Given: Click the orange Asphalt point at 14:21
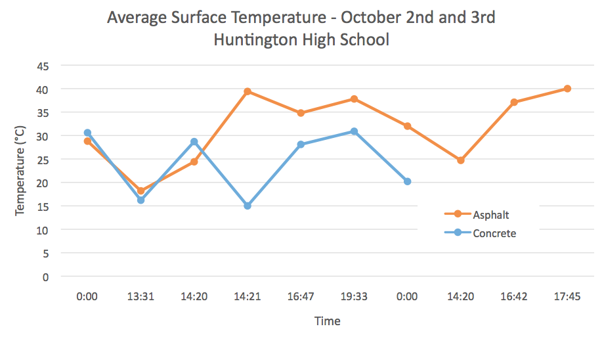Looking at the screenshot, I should (248, 91).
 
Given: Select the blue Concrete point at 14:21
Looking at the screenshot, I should (248, 206).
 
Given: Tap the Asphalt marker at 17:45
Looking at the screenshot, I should (567, 89).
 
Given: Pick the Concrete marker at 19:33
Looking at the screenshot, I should (354, 131).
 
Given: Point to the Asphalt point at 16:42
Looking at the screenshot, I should (514, 102).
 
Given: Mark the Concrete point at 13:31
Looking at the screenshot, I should (140, 200).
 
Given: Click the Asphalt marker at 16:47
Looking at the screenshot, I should (301, 113).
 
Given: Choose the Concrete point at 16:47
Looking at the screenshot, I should (301, 145).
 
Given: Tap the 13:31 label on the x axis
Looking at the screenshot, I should (140, 296).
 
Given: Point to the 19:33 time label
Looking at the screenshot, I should (354, 296).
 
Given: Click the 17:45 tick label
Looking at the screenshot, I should (567, 296).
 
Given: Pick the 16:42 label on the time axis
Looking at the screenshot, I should (514, 296).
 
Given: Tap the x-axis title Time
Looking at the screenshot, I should (327, 321).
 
